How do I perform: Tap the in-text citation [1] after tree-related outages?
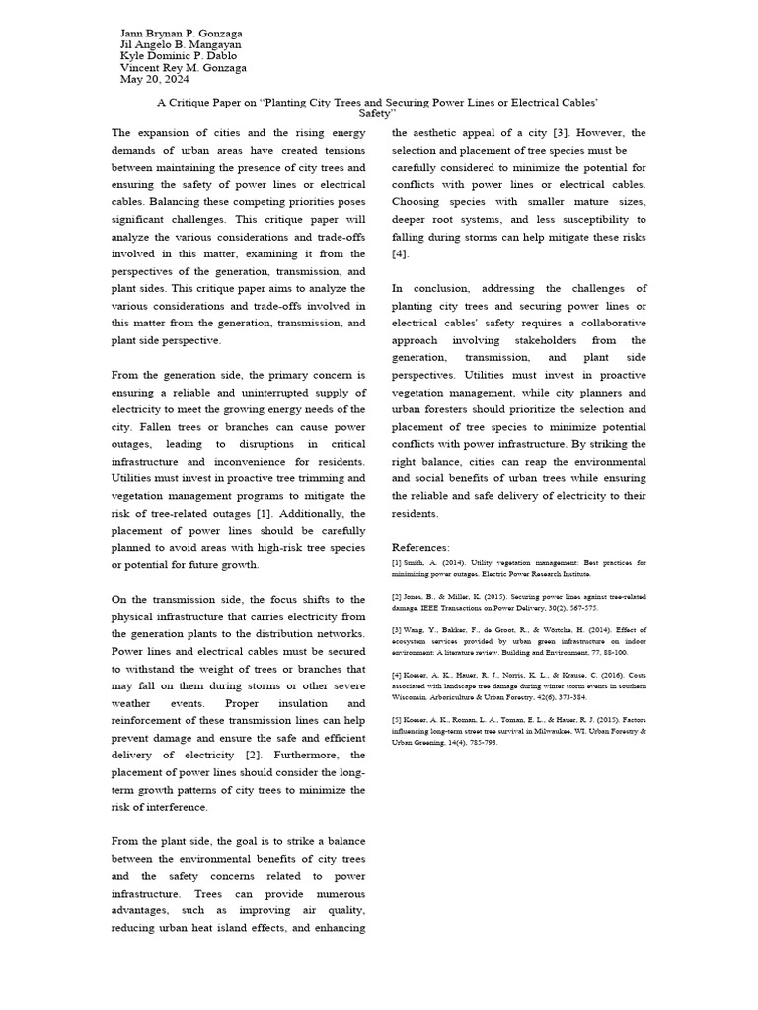(x=264, y=514)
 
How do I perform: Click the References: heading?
(x=420, y=547)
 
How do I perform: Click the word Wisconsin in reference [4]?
(x=414, y=696)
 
